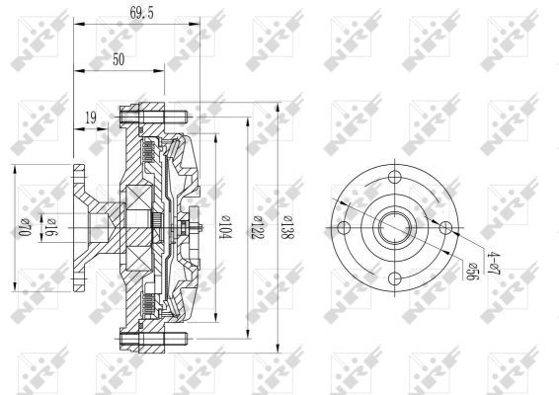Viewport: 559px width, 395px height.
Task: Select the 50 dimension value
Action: [x=120, y=60]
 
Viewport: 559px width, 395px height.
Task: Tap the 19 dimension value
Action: [x=91, y=118]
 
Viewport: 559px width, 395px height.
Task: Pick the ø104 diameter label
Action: [x=226, y=229]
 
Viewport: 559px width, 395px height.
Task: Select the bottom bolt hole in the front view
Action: [x=395, y=277]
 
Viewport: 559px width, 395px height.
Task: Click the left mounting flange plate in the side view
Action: [x=79, y=229]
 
